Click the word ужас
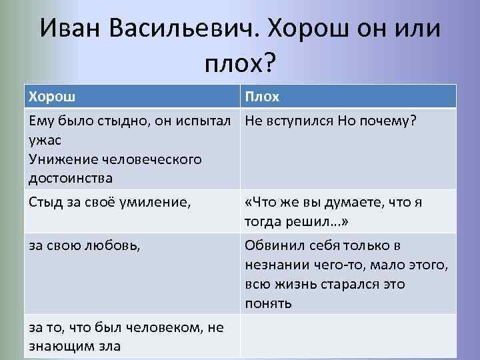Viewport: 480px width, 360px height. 43,141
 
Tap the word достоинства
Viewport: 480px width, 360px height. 70,178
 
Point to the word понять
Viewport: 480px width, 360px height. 268,303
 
